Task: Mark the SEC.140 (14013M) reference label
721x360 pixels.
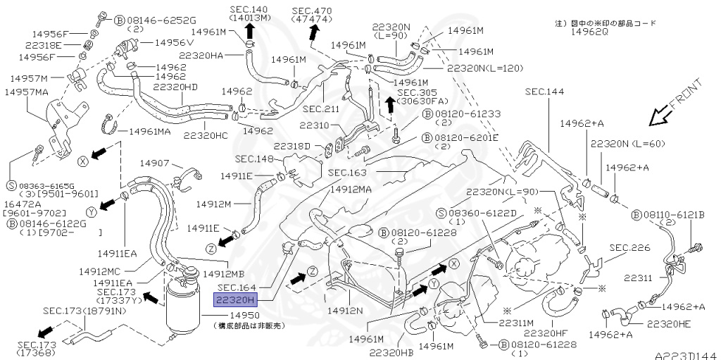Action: [250, 13]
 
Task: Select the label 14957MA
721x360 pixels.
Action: [26, 92]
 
